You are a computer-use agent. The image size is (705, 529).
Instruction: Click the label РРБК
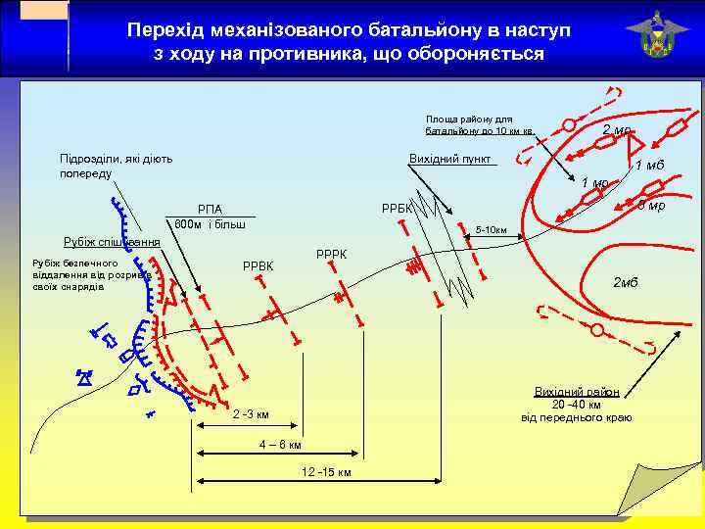397,209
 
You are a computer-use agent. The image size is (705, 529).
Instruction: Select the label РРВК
258,266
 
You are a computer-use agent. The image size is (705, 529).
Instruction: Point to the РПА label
210,209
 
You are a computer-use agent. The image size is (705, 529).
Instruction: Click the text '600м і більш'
209,223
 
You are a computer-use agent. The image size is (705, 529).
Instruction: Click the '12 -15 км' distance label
326,472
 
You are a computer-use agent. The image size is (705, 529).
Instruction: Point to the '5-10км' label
491,231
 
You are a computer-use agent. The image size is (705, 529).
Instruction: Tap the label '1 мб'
649,165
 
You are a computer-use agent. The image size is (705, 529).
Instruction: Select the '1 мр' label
594,183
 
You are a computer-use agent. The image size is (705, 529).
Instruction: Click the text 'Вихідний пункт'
450,159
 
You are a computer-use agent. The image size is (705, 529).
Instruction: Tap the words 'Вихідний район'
577,392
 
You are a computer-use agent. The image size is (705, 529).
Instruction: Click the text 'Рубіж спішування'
111,242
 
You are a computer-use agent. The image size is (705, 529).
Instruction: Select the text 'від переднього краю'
577,418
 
